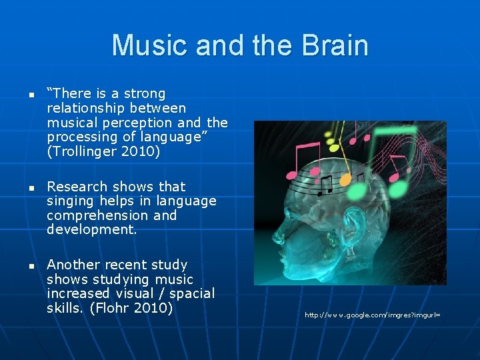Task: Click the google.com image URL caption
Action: [373, 315]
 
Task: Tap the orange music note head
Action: [345, 181]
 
